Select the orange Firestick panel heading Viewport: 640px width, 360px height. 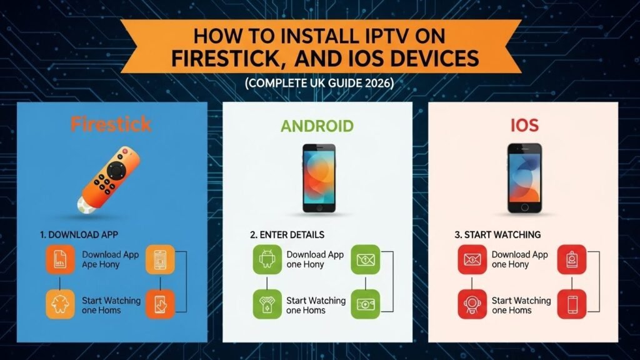click(111, 124)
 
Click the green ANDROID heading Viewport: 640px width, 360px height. click(317, 126)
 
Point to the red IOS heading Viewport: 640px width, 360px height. click(523, 126)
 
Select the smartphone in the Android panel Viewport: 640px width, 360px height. click(318, 177)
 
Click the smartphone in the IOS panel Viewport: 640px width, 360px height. click(524, 177)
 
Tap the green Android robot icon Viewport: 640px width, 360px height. click(266, 259)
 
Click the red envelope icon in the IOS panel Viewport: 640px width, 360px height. click(471, 259)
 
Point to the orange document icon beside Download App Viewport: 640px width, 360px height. click(60, 259)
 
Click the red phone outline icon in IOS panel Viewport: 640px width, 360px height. click(572, 304)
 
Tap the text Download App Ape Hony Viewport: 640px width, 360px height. click(111, 259)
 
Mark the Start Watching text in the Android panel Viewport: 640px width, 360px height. click(316, 305)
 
